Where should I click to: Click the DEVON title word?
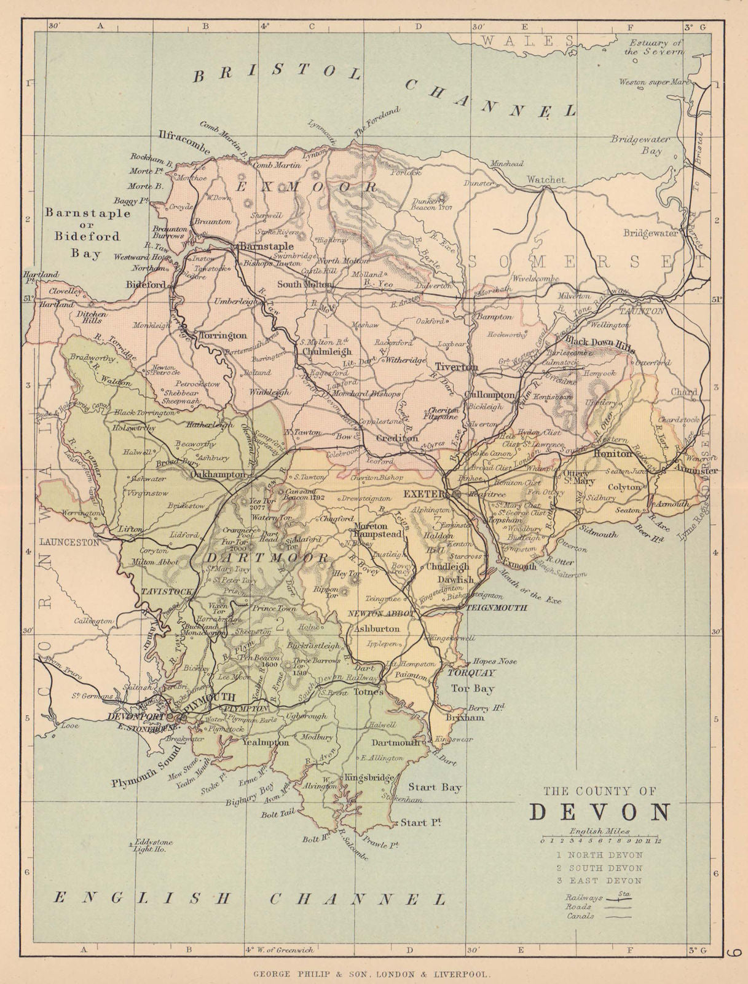tap(600, 813)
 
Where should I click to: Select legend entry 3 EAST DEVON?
tap(599, 881)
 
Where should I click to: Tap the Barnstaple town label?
tap(267, 246)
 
